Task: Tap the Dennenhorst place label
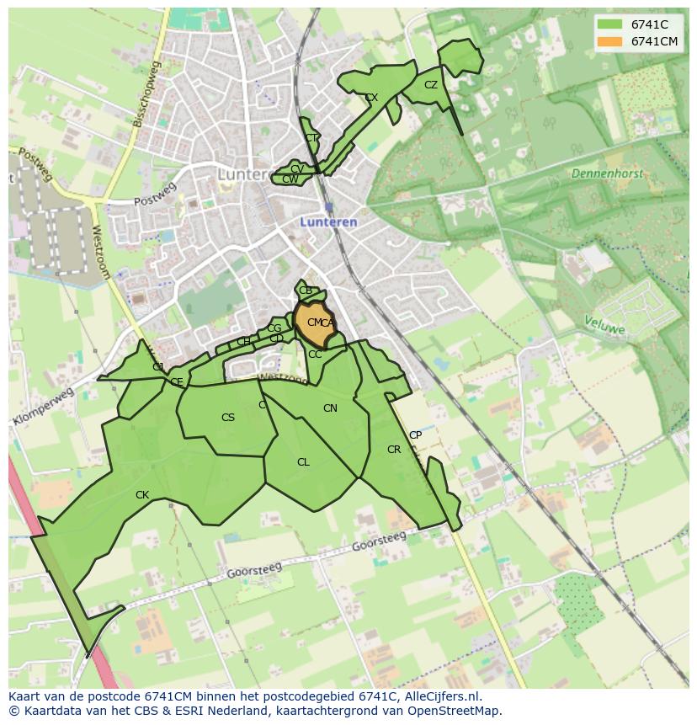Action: [606, 173]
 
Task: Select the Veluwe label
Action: [604, 324]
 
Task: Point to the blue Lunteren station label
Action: [328, 222]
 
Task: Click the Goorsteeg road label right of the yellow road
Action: [378, 541]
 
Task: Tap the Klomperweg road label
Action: [43, 407]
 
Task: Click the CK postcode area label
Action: [142, 495]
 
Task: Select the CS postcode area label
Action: [228, 418]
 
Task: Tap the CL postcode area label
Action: [303, 462]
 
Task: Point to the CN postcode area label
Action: [330, 408]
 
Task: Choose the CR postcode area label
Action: [394, 450]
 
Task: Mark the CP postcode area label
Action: [415, 435]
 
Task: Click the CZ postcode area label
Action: [431, 85]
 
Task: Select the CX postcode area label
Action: [371, 98]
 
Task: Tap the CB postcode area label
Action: [306, 291]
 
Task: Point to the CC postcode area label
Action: [315, 355]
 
